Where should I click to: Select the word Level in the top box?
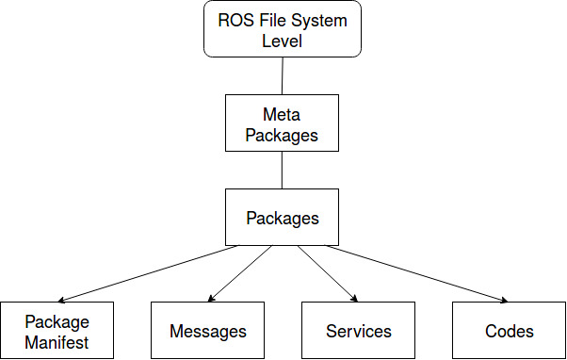click(x=282, y=41)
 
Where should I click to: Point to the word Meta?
click(x=282, y=115)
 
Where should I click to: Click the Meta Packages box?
click(x=282, y=123)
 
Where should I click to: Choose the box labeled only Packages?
click(x=282, y=217)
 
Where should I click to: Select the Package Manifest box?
click(x=57, y=331)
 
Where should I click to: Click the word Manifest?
click(x=57, y=342)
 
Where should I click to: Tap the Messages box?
click(x=207, y=331)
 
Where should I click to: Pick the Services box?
click(x=358, y=331)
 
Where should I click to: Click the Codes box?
click(x=510, y=331)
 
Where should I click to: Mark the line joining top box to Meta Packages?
click(x=283, y=75)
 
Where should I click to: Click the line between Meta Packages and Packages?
click(x=282, y=170)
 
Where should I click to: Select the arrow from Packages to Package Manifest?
click(x=148, y=273)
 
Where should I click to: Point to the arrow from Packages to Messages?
click(x=240, y=273)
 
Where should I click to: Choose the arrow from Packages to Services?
click(x=328, y=273)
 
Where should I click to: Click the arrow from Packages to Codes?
click(x=417, y=273)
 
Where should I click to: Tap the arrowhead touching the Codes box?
click(x=504, y=300)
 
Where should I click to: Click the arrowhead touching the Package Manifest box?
click(x=62, y=300)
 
